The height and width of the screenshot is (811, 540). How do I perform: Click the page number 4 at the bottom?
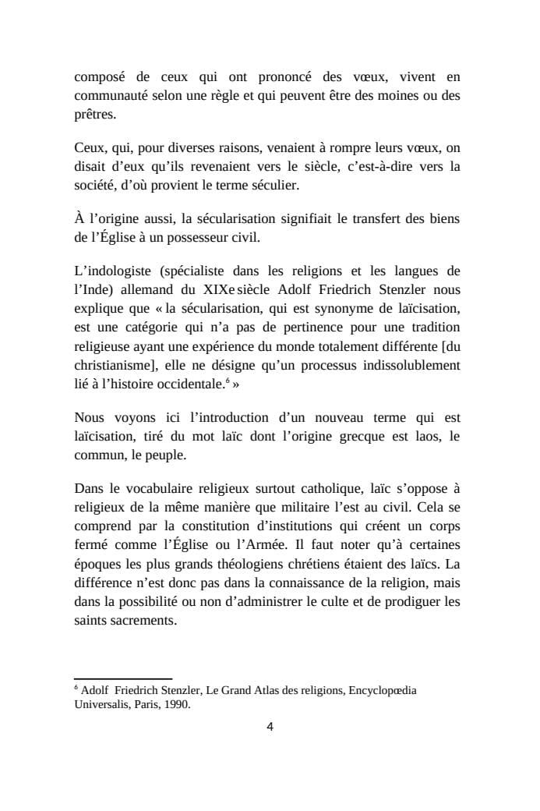coord(270,728)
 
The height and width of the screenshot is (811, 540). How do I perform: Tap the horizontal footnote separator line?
coord(123,679)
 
